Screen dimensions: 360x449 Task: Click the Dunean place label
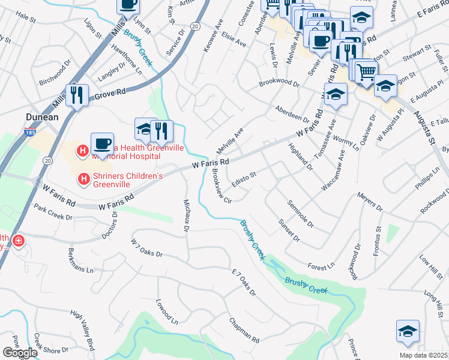pos(42,117)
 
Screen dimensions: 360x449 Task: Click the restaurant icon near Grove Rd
pos(77,96)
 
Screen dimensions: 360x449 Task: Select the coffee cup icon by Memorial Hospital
pos(102,145)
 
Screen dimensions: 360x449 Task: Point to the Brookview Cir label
pos(218,186)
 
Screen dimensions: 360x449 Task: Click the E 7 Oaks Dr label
pos(243,283)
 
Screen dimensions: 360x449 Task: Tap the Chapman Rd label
pos(243,331)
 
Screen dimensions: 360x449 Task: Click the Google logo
pos(20,353)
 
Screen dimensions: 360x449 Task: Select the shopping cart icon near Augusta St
pos(366,73)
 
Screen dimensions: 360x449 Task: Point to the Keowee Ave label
pos(214,37)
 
